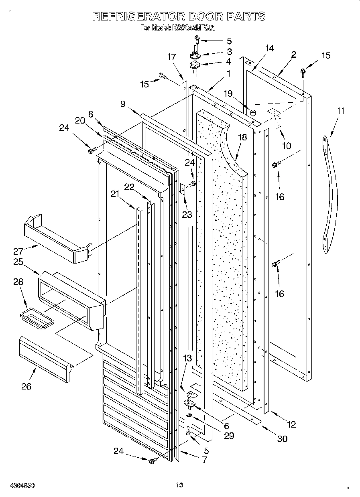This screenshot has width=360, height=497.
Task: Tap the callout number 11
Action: click(340, 111)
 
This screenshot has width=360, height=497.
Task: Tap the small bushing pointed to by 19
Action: click(253, 112)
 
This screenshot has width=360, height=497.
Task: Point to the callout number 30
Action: click(282, 438)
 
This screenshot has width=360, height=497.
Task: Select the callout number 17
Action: click(171, 57)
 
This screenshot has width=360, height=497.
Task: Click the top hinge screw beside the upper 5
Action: click(197, 40)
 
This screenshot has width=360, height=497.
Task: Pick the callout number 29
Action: click(229, 436)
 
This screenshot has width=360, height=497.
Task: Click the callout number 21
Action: click(115, 194)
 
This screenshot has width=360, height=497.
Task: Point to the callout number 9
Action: click(123, 104)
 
